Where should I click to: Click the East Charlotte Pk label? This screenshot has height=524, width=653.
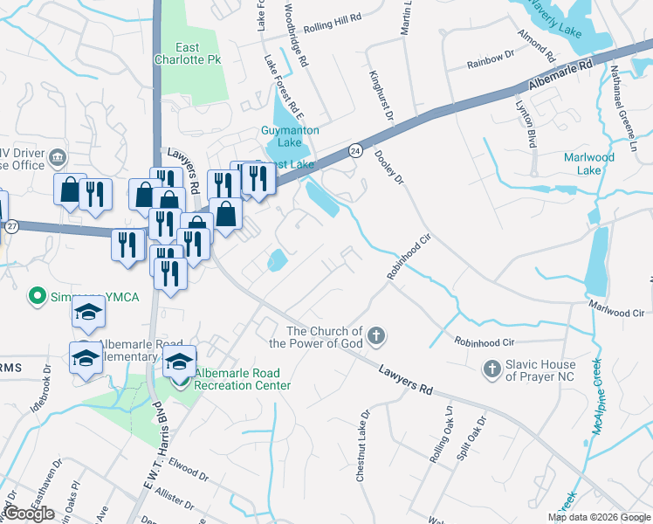(189, 54)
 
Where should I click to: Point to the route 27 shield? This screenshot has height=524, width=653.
(11, 226)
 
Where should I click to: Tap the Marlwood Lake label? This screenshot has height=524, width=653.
(589, 164)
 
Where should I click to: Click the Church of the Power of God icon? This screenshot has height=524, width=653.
(376, 335)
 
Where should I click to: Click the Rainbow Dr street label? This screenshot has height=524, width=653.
(490, 60)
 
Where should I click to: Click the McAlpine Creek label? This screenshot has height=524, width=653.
(598, 402)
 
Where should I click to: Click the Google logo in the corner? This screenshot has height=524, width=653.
(29, 514)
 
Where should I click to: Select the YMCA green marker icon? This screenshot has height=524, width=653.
(38, 296)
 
